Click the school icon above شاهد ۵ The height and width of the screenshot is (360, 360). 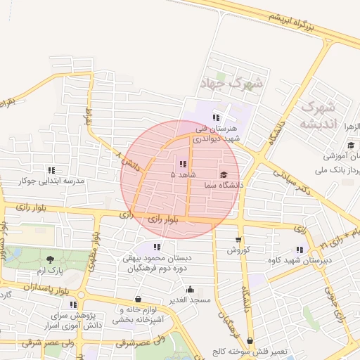point(184,164)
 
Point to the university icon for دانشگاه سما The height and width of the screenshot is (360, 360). point(224,175)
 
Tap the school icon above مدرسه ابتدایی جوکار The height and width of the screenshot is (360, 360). point(51,170)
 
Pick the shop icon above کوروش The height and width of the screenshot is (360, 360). point(238,240)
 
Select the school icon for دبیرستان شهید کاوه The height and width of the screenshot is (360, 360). point(301,250)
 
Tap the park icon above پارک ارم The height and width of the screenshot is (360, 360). point(49,260)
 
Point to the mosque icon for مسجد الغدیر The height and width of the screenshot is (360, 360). point(190,289)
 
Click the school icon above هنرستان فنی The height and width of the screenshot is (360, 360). point(217,117)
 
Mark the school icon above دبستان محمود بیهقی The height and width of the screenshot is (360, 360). point(157,247)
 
